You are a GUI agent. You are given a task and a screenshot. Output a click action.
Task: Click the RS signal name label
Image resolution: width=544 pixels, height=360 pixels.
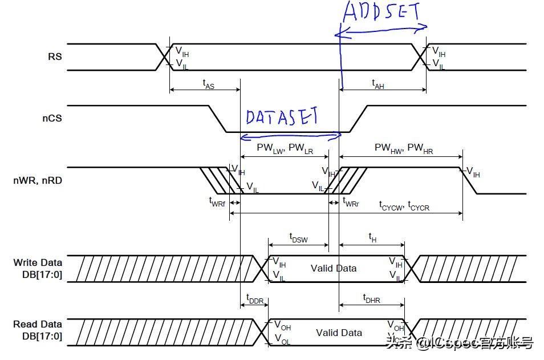(55, 57)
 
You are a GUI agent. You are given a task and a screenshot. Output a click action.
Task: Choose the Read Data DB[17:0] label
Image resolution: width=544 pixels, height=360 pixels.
(38, 330)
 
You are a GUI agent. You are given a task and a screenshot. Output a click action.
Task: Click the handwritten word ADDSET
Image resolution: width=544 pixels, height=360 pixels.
(381, 13)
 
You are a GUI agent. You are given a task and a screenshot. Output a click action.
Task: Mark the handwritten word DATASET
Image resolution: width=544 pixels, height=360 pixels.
(282, 117)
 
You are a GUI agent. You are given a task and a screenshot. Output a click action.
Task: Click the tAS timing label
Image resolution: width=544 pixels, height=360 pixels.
(209, 83)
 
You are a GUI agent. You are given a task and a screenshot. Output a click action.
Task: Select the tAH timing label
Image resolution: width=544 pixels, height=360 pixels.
(377, 83)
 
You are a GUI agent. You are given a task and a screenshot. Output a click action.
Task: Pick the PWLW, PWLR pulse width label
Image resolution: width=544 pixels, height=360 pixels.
(285, 148)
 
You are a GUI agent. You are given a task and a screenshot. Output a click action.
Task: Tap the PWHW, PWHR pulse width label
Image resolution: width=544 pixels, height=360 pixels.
(404, 148)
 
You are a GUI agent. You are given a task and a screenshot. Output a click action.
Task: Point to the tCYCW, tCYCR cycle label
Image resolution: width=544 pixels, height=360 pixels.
(404, 205)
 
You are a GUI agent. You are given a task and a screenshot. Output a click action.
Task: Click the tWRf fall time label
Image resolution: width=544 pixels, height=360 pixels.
(217, 202)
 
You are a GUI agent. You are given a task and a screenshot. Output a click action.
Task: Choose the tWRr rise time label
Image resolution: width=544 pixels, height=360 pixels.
(350, 202)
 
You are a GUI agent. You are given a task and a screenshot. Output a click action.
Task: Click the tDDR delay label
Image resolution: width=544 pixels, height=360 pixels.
(255, 298)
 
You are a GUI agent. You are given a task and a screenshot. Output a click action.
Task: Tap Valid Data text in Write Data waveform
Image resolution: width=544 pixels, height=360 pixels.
(334, 268)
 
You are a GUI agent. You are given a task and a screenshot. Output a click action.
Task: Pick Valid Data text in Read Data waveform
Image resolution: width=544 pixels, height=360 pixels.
(339, 333)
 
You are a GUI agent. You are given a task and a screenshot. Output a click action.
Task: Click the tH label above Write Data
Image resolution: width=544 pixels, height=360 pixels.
(372, 237)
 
